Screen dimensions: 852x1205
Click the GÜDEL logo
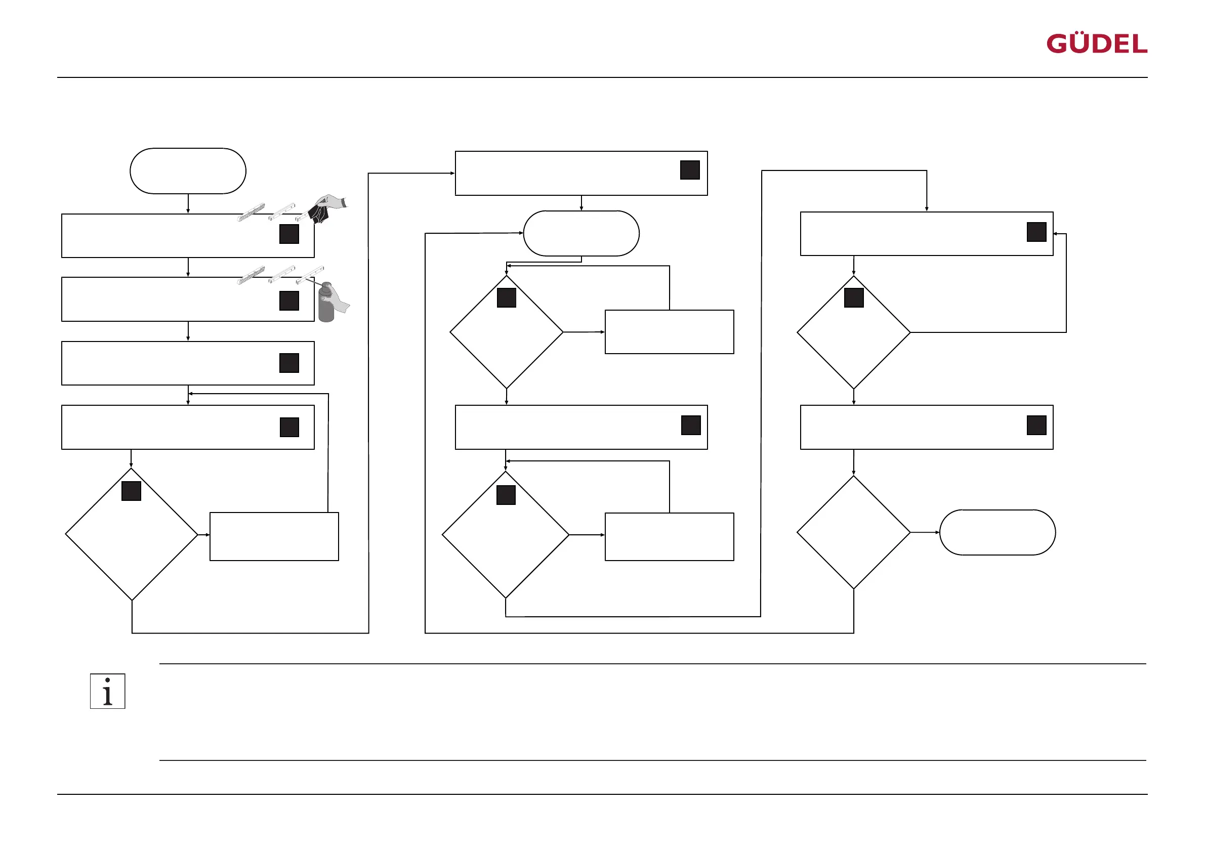[1096, 44]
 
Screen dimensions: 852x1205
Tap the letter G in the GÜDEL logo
[1058, 44]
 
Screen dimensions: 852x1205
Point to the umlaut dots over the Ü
[1082, 34]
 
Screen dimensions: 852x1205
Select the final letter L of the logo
[1139, 45]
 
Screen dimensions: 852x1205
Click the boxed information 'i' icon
[108, 691]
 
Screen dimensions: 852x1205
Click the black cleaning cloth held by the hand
[318, 213]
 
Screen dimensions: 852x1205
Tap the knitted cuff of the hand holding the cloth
[344, 202]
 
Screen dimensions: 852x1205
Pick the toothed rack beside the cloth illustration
[251, 212]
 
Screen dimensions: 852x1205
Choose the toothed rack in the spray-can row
[251, 275]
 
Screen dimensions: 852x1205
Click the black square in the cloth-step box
[289, 234]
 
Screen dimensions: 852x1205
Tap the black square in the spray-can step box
[289, 301]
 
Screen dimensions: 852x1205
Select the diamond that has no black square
[853, 532]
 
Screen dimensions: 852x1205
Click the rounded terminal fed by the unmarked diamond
[997, 532]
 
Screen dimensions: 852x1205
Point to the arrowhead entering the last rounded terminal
[937, 532]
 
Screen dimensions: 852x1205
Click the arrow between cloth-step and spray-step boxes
[188, 268]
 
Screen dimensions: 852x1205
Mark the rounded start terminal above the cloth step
[188, 171]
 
